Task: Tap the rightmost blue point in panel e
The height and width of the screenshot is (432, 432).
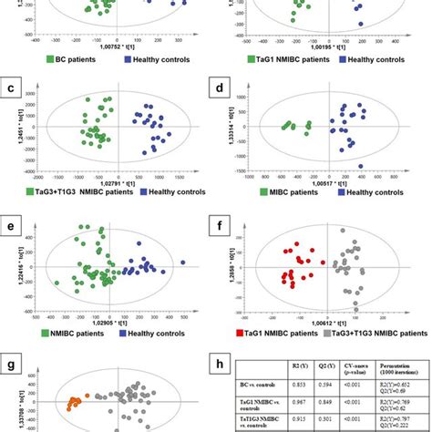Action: pyautogui.click(x=183, y=263)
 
